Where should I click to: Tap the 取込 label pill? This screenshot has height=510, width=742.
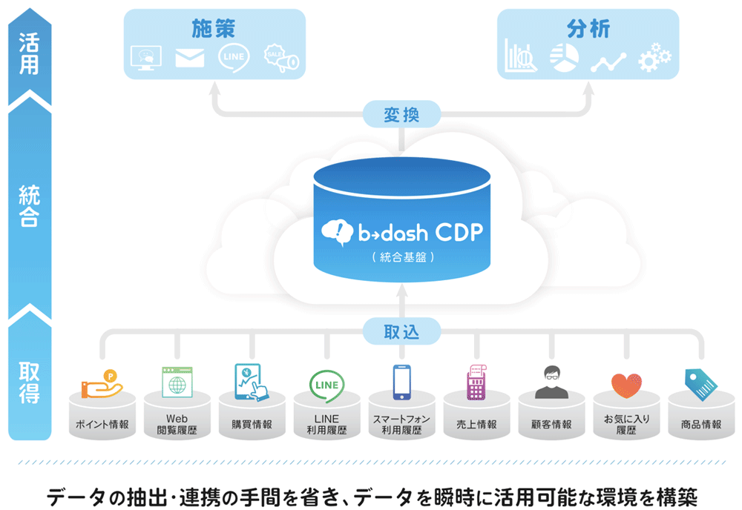[x=401, y=331]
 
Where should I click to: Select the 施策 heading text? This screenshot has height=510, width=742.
[x=214, y=30]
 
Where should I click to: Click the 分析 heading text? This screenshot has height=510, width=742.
[x=588, y=30]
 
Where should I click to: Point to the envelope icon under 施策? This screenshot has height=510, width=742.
[x=190, y=59]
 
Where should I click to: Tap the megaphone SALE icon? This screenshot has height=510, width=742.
[x=281, y=60]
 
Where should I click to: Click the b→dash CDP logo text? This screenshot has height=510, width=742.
[x=401, y=232]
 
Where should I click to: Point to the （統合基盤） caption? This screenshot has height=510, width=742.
[x=401, y=258]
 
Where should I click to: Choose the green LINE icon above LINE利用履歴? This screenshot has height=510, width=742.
[x=326, y=384]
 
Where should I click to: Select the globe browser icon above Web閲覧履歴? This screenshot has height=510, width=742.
[x=177, y=383]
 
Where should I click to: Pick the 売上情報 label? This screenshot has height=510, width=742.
[x=476, y=425]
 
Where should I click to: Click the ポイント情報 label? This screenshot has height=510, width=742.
[x=102, y=425]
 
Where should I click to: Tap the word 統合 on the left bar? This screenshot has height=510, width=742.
[x=29, y=207]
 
